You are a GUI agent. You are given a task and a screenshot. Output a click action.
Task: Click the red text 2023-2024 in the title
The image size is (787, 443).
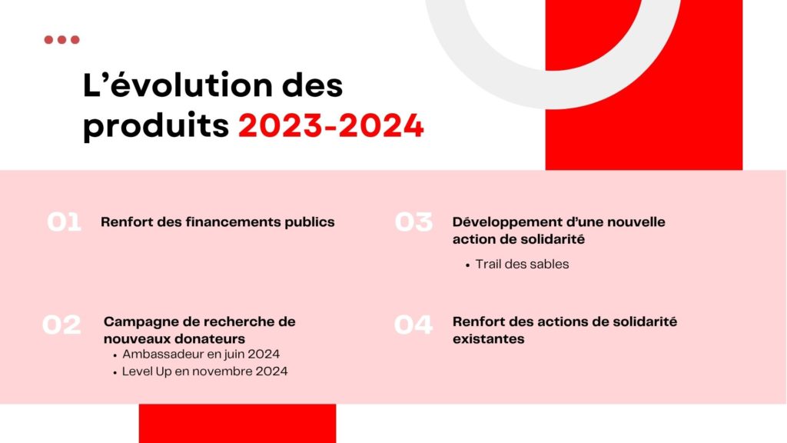[331, 125]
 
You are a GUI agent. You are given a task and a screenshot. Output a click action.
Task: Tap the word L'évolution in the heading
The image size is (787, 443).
[176, 85]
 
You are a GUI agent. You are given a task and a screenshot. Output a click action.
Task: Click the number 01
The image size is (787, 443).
[64, 222]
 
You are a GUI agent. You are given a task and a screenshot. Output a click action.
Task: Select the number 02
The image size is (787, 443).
[61, 325]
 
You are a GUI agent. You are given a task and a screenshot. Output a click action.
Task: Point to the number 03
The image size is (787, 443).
[413, 222]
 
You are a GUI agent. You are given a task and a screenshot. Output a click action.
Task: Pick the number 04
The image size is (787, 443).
[413, 325]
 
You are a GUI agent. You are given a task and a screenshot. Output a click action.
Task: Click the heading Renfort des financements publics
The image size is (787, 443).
[218, 222]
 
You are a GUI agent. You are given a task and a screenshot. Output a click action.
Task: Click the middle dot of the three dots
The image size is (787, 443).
[61, 40]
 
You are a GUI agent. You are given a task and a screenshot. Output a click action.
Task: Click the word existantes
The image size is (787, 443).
[488, 339]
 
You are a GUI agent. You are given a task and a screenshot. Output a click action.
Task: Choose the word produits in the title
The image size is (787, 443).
[155, 126]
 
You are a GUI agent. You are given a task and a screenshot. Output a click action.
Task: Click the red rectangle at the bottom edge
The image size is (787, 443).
[237, 424]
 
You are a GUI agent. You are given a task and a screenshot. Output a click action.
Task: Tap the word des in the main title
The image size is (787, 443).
[312, 85]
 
